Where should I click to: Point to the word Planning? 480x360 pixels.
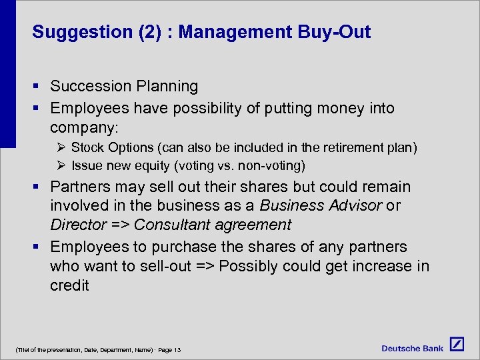(x=167, y=86)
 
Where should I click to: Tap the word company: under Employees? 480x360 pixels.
(x=83, y=127)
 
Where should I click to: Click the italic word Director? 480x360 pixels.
(x=78, y=225)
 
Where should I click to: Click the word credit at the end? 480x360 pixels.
(x=69, y=285)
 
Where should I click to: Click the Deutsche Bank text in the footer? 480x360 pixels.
(x=413, y=347)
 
